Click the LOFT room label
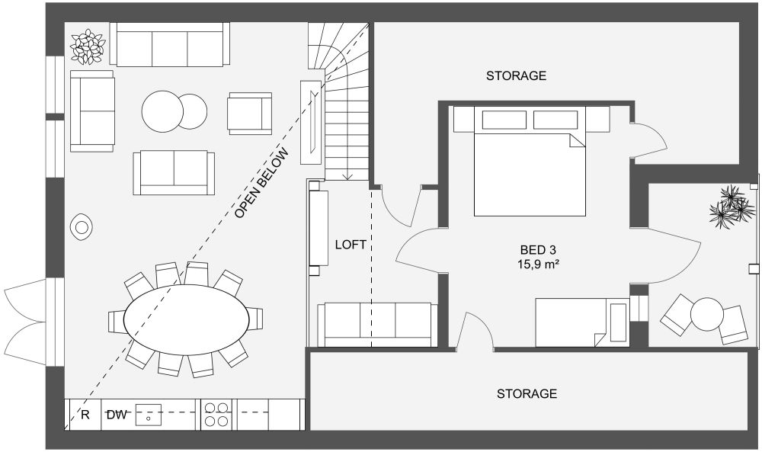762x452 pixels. tap(351, 245)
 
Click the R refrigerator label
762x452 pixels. tap(85, 415)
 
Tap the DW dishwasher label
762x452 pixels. tap(116, 415)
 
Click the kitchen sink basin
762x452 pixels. tap(149, 415)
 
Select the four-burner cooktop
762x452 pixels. tap(216, 415)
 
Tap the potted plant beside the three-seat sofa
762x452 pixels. tap(87, 47)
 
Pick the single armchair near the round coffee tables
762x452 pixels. tap(249, 113)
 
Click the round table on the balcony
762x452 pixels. tap(706, 313)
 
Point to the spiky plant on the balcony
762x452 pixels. tap(729, 207)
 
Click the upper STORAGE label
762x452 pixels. tap(516, 76)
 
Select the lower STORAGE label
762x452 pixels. tap(527, 394)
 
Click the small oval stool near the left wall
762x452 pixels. tap(82, 226)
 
